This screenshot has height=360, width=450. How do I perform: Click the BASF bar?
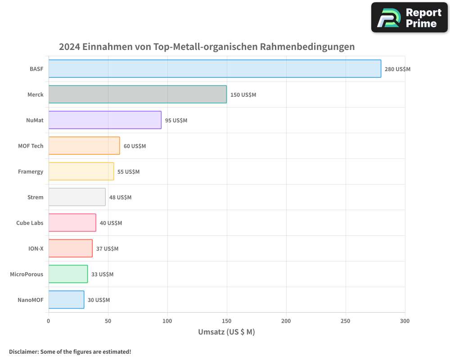pos(215,69)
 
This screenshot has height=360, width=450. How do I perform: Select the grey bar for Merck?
pos(137,94)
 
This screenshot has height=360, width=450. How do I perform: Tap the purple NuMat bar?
pos(105,120)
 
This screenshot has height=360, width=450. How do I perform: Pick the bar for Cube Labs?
pos(72,223)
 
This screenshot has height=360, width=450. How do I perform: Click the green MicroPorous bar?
pos(68,274)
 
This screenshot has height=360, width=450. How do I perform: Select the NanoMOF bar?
pos(66,300)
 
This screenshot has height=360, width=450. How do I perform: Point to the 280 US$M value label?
pos(397,69)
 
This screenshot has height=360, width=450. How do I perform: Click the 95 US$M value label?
pos(176,121)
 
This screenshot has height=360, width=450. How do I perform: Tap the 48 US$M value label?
pos(120,198)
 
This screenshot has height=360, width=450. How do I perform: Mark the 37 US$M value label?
pos(107,249)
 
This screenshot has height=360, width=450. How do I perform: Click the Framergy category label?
pos(31,171)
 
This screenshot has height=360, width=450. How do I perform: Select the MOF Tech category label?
pos(31,146)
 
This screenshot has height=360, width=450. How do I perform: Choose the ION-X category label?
pos(36,248)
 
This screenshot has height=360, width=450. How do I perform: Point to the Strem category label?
pos(36,197)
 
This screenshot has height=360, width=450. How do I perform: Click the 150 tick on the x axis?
pos(227,321)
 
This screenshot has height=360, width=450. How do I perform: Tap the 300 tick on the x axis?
pos(405,321)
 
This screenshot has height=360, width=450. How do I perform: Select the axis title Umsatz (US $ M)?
pos(226,332)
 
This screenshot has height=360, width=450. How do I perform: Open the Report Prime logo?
pos(409,18)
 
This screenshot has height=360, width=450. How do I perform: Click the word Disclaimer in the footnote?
pos(23,351)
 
